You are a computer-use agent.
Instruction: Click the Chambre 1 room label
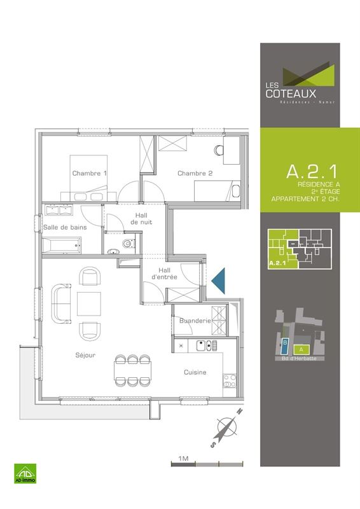point(90,174)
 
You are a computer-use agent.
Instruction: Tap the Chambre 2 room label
point(195,174)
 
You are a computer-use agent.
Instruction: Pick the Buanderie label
point(195,321)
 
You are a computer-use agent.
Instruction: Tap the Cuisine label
point(195,372)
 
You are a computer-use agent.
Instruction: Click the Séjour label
point(84,356)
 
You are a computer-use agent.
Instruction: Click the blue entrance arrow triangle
point(219,280)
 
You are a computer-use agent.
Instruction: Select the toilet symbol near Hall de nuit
point(128,244)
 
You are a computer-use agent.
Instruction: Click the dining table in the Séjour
point(130,369)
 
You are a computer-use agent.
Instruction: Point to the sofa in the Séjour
point(61,302)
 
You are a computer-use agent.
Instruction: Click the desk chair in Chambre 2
point(219,151)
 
